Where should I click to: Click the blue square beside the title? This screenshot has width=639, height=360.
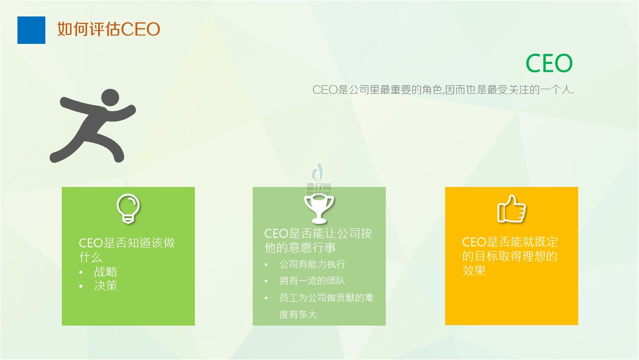click(x=31, y=30)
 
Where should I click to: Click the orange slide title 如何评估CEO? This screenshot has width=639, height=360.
click(x=109, y=29)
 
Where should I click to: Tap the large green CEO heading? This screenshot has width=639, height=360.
click(x=549, y=63)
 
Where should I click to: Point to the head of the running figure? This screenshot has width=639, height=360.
click(x=110, y=98)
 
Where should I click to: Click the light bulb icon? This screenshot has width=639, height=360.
click(x=128, y=208)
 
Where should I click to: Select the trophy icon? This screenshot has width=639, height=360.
click(x=319, y=209)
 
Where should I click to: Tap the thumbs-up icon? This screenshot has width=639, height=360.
click(x=511, y=209)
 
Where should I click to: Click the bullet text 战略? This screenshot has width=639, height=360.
click(x=106, y=272)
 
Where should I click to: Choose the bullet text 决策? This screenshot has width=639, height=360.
click(x=106, y=286)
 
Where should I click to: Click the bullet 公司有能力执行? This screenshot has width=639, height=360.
click(x=313, y=264)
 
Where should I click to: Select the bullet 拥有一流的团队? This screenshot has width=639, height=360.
click(x=313, y=281)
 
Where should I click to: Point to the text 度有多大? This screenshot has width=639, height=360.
click(x=298, y=314)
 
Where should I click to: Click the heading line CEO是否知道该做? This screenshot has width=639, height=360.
click(x=127, y=243)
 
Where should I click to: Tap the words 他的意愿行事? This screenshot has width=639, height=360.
click(x=300, y=247)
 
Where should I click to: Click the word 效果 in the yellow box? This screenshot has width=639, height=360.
click(x=474, y=270)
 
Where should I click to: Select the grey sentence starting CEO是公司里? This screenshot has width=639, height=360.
click(x=443, y=90)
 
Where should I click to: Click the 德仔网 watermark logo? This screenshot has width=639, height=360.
click(x=319, y=179)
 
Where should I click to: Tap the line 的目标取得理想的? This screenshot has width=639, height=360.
click(x=510, y=256)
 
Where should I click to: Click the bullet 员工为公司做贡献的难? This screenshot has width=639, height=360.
click(x=326, y=298)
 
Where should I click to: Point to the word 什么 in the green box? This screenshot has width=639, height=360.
click(x=90, y=257)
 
